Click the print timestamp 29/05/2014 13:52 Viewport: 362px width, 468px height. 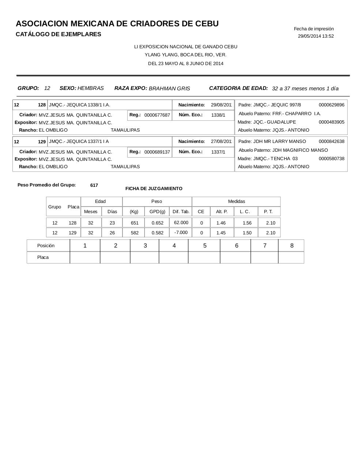(316, 36)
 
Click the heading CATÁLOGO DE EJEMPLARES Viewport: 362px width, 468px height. (59, 34)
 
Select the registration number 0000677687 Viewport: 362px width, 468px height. (157, 115)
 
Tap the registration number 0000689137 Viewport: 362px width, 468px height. (157, 152)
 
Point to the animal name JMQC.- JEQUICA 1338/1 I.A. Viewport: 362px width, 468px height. (79, 105)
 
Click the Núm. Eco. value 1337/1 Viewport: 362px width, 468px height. (218, 152)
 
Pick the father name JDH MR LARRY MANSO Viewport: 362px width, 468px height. (280, 141)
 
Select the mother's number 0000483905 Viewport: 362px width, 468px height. (331, 122)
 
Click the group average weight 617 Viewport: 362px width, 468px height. (94, 185)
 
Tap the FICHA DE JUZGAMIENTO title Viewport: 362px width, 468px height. (154, 189)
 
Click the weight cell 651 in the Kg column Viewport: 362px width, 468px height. (135, 223)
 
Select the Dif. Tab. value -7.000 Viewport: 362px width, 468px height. (181, 233)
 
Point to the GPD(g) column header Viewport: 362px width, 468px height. (157, 212)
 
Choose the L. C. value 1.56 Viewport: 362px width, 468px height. (247, 223)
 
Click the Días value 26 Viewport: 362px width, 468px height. (112, 233)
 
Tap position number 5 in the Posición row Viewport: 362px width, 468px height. (205, 246)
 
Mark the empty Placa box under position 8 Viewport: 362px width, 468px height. (291, 257)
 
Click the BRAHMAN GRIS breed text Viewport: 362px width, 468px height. (169, 88)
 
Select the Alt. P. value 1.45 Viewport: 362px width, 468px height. (221, 233)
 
